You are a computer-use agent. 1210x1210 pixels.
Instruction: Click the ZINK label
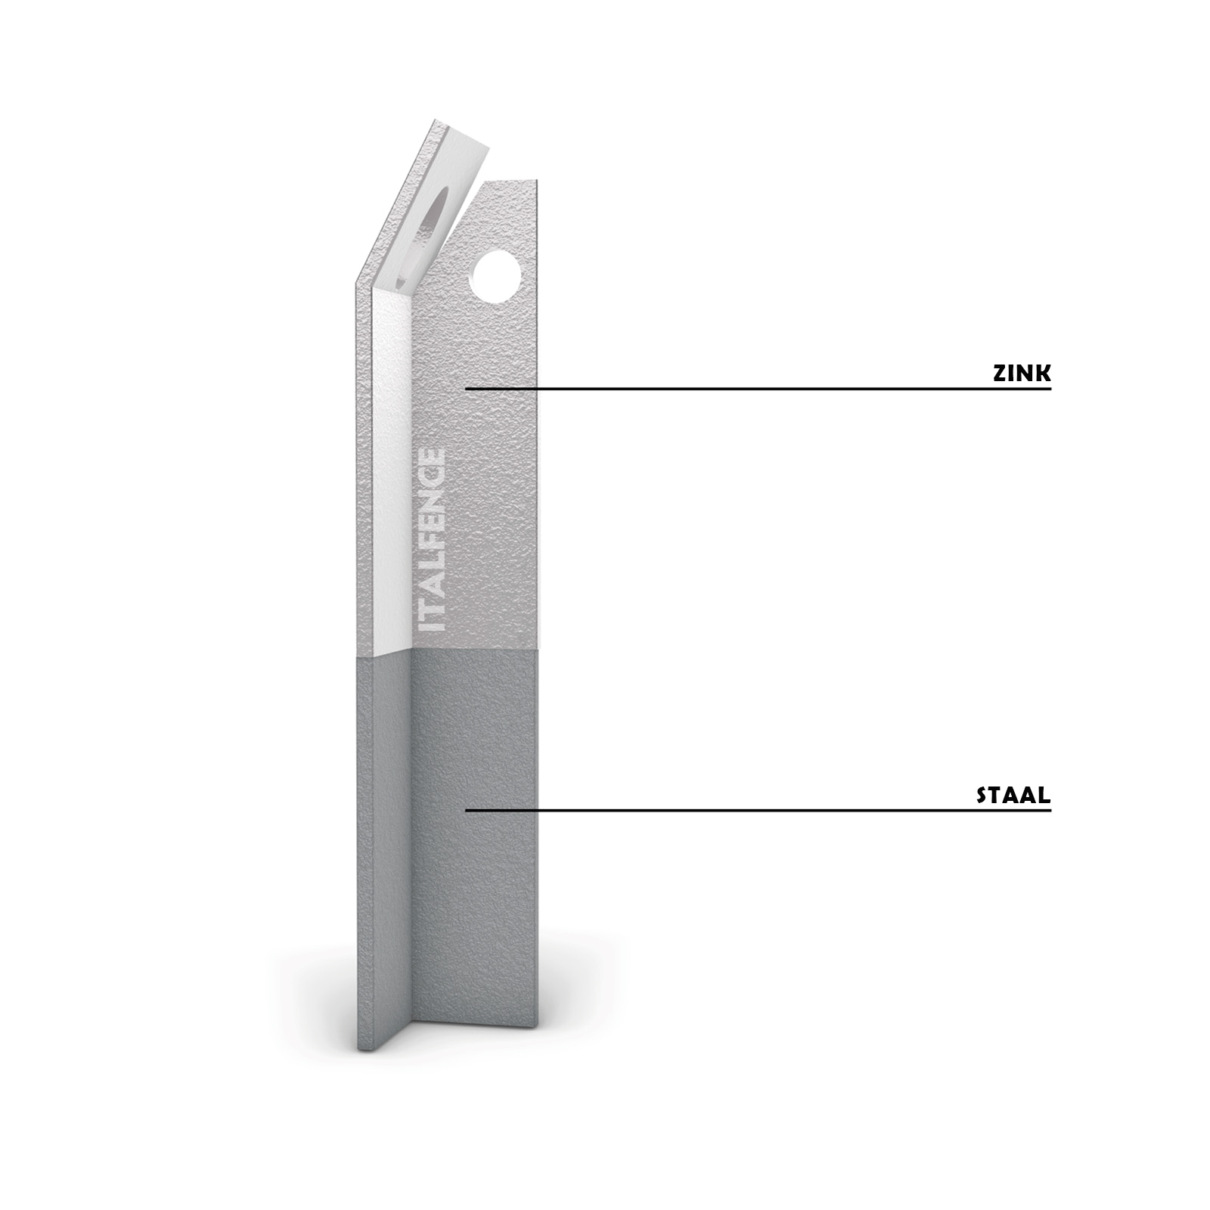pos(1022,373)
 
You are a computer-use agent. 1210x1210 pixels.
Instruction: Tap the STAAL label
pos(1013,795)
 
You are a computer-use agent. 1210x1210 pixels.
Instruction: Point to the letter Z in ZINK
pos(1000,373)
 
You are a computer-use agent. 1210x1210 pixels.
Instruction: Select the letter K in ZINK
pos(1043,373)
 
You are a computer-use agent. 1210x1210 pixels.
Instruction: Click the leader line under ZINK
pos(759,389)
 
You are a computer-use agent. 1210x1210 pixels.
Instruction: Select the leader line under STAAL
pos(759,811)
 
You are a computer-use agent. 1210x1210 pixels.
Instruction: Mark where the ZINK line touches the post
pos(466,389)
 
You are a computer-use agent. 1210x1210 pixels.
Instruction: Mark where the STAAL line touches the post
pos(466,811)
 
